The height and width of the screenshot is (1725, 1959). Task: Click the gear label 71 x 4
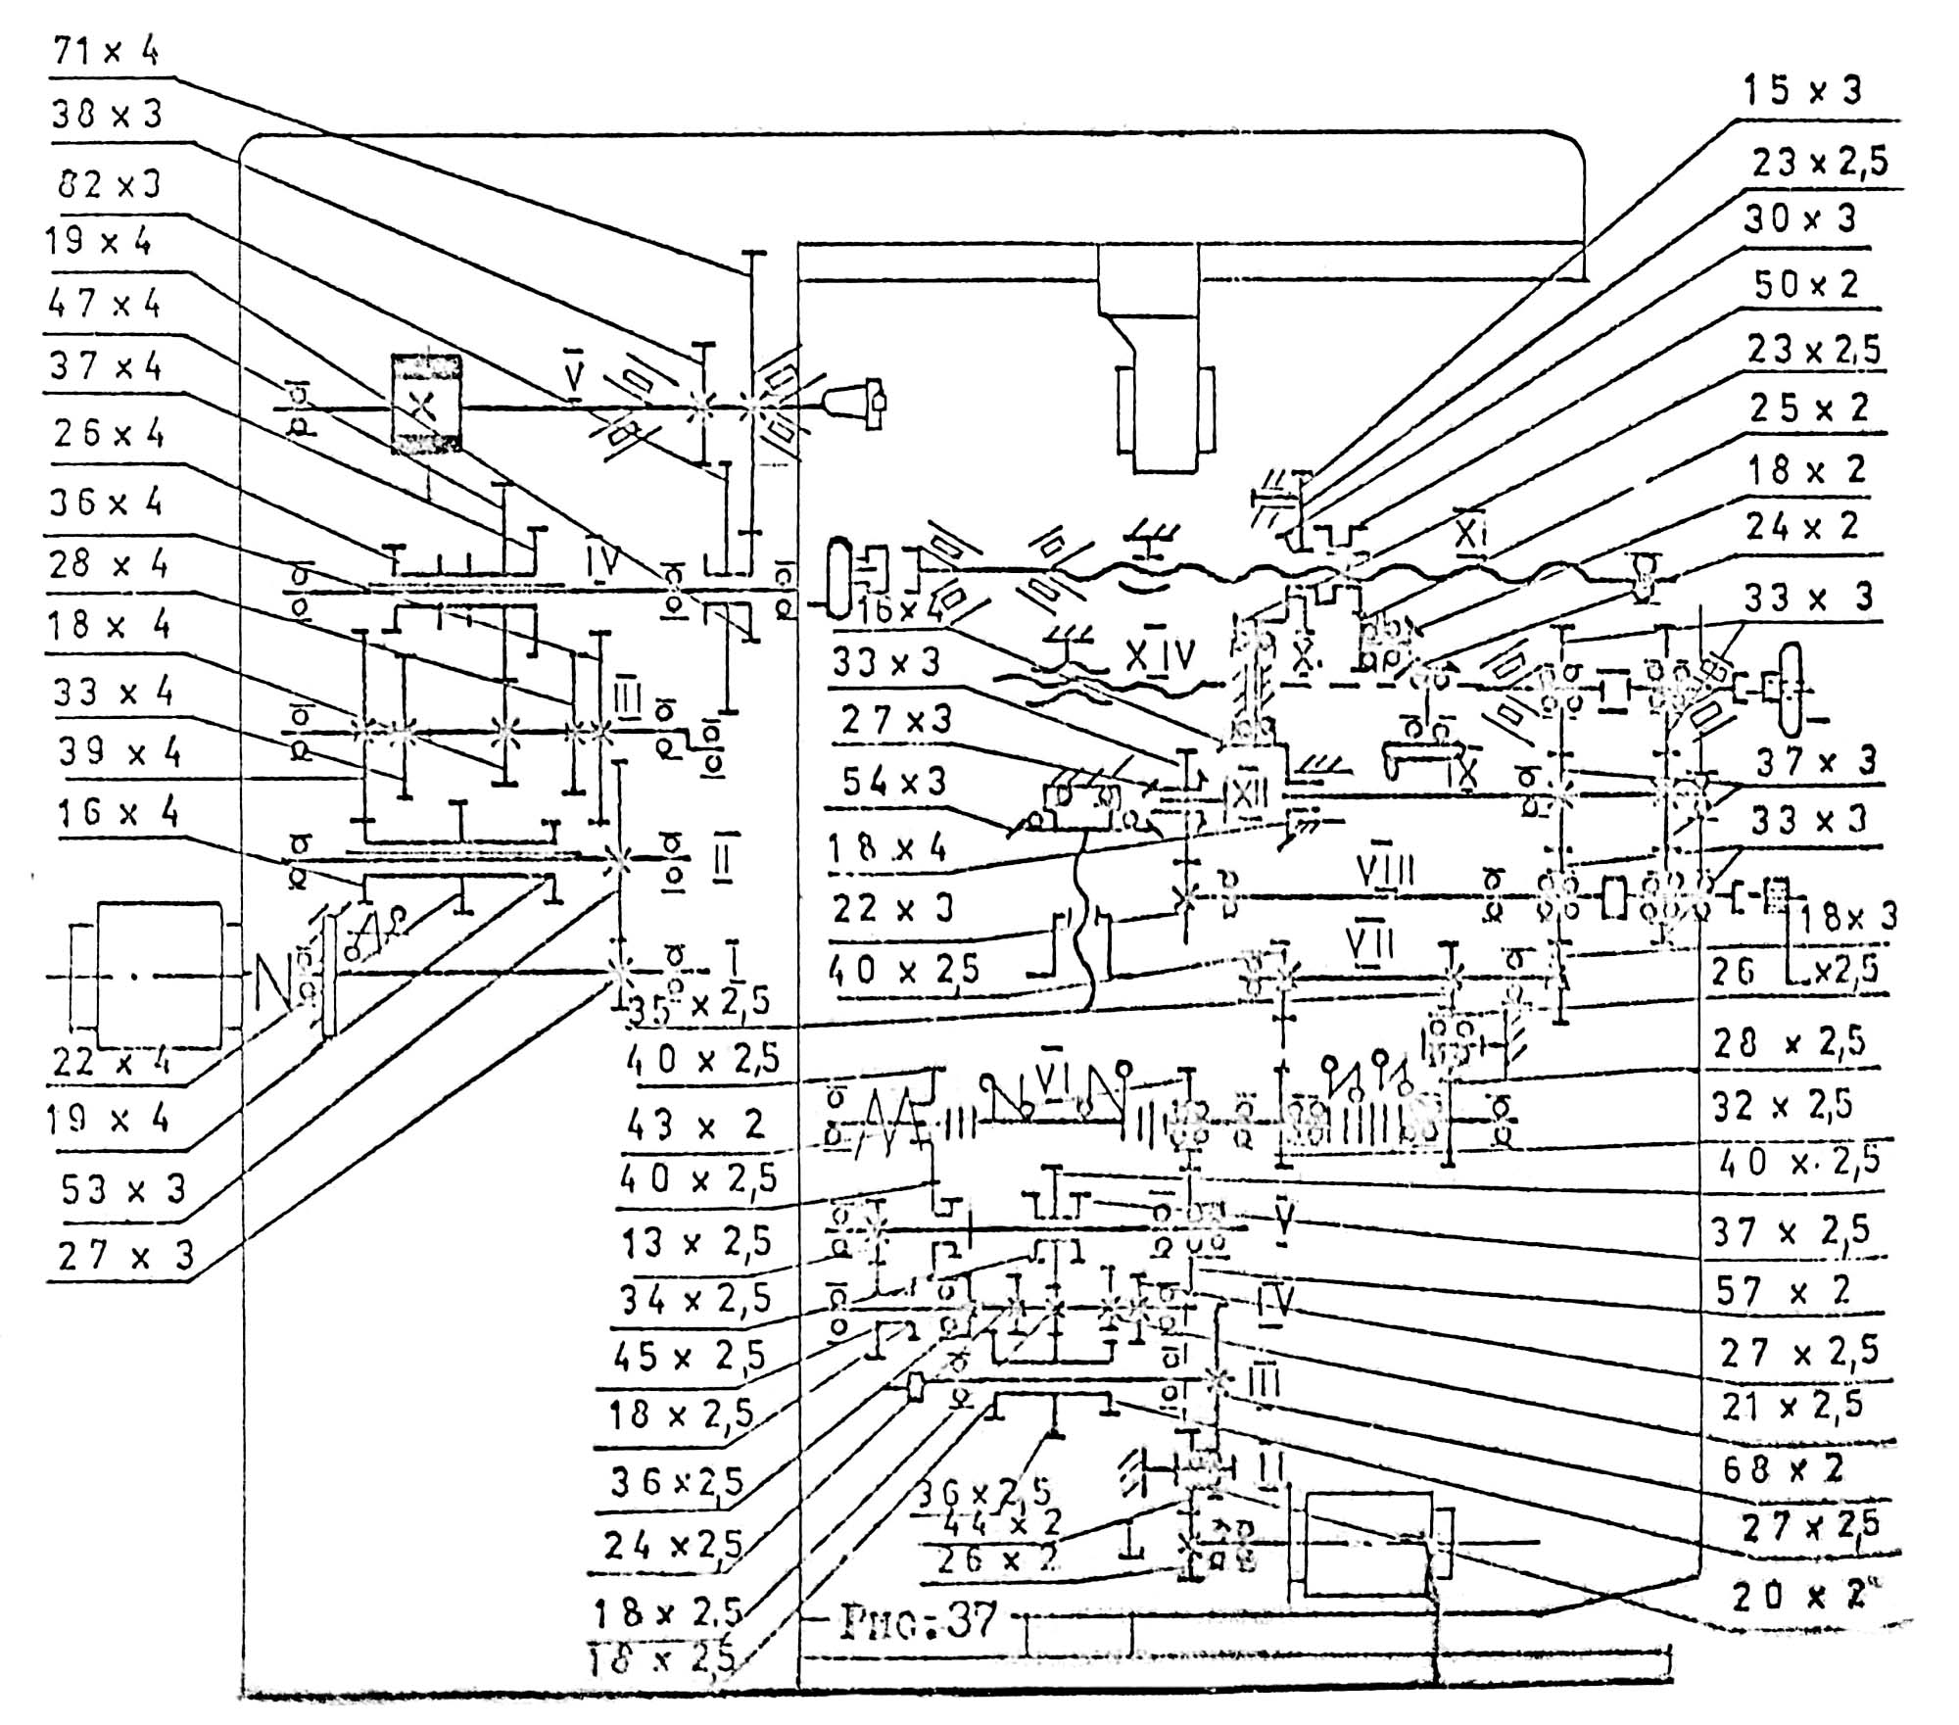(106, 49)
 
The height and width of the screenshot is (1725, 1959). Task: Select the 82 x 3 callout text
(109, 184)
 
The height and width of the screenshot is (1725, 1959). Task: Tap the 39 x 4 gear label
(119, 752)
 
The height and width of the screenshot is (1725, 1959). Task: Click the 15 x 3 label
(1801, 90)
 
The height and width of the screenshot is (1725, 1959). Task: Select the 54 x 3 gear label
(894, 782)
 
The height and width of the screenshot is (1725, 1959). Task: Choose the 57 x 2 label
(1783, 1291)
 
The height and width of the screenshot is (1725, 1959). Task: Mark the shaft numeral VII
(1370, 944)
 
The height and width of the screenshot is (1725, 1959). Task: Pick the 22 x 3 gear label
(892, 908)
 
